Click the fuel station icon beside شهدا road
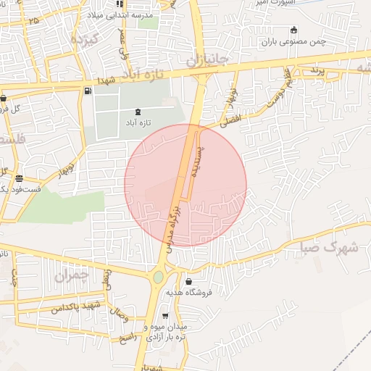click(x=88, y=91)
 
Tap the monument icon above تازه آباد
click(x=138, y=112)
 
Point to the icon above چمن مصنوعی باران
click(x=293, y=30)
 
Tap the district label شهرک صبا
click(x=328, y=248)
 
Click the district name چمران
click(x=70, y=275)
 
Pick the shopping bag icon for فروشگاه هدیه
click(x=189, y=281)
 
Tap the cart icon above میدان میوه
click(x=165, y=316)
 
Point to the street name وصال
click(x=118, y=314)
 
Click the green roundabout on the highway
click(x=159, y=277)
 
